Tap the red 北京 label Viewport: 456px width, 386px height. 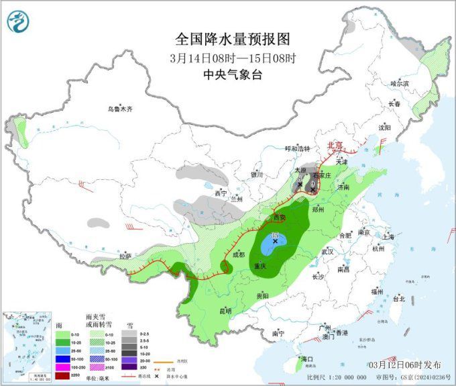334,145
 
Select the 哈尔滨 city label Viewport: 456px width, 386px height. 399,84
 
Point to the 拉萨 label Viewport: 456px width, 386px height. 125,256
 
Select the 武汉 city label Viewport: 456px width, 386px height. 328,250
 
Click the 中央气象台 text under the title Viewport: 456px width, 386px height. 232,75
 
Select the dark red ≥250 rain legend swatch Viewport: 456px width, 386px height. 62,375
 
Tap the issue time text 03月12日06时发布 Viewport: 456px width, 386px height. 405,364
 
